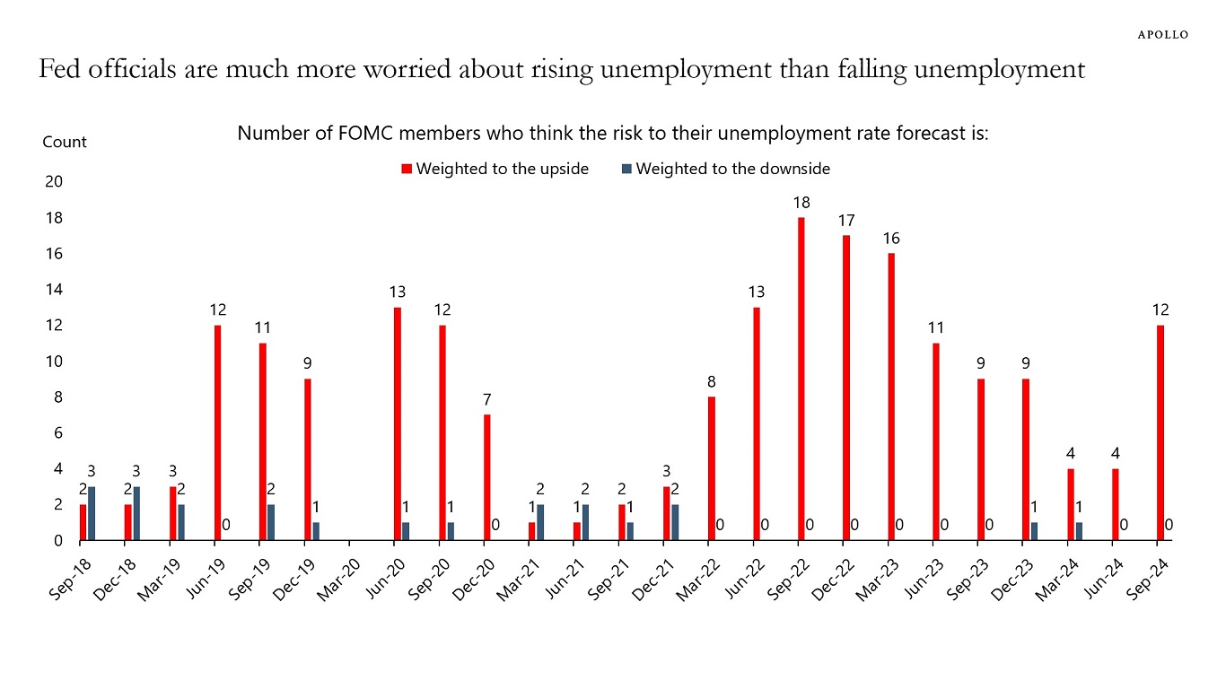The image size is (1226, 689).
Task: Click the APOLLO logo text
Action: (x=1163, y=34)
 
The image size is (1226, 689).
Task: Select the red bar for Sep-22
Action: (x=801, y=379)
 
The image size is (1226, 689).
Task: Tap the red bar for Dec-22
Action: (x=845, y=388)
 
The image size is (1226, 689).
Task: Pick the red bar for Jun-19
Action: (x=217, y=432)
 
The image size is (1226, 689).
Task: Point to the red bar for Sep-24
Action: (x=1160, y=432)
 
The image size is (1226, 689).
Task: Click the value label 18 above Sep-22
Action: (x=801, y=203)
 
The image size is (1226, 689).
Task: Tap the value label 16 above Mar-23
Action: (x=891, y=239)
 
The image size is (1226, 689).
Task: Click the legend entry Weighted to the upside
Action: (x=495, y=169)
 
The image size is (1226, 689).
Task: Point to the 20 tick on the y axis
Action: (x=54, y=182)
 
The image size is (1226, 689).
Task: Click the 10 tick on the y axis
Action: (x=54, y=362)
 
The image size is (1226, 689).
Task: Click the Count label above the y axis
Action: (x=65, y=142)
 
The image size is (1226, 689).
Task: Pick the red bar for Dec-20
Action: (x=486, y=477)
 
